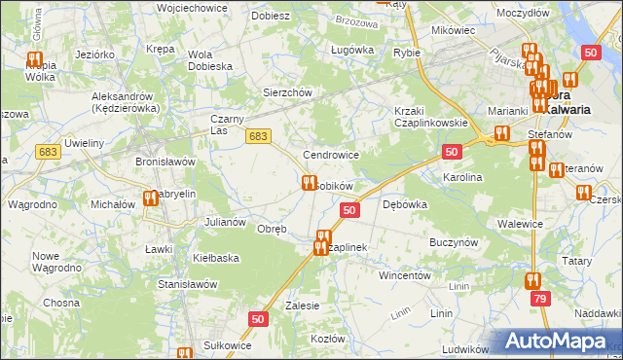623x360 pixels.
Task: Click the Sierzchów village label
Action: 286,92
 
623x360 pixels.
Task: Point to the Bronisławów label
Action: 166,161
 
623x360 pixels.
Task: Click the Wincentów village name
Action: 404,275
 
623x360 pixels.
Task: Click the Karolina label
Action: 462,178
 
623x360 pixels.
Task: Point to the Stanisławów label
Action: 187,284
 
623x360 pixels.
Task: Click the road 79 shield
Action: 539,303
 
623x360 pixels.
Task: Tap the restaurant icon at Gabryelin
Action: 150,198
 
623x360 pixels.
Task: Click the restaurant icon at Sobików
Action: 310,182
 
